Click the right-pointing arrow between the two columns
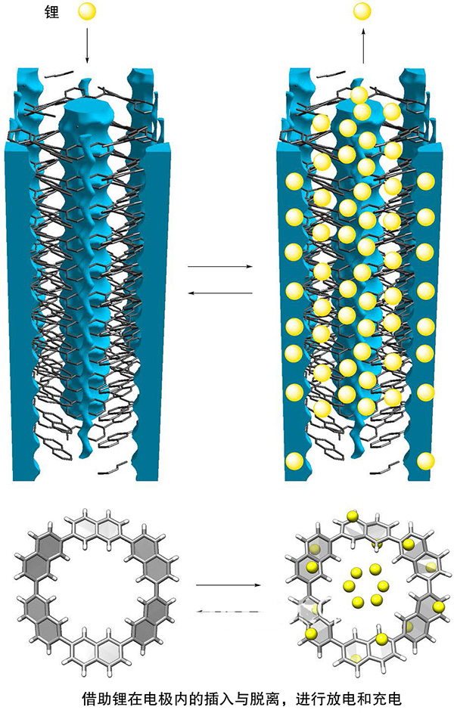(219, 267)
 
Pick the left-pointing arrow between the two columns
(219, 293)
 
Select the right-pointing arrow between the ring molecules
(227, 584)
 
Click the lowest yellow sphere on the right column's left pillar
(295, 460)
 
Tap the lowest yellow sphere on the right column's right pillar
(426, 460)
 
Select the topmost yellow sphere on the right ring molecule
(352, 516)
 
